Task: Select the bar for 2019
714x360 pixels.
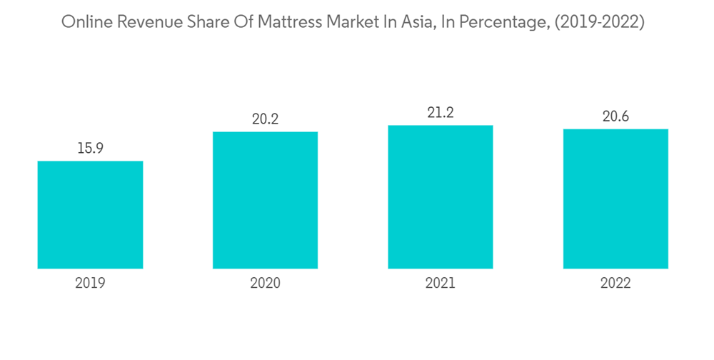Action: point(90,214)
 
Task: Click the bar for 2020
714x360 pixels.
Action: point(265,200)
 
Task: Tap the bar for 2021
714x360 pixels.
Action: point(441,196)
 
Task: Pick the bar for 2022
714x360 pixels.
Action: point(615,199)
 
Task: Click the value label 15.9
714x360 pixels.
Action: point(90,149)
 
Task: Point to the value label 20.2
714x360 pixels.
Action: point(265,119)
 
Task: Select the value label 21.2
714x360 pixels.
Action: point(441,113)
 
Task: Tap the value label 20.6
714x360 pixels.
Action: point(615,116)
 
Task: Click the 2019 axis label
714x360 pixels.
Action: point(90,283)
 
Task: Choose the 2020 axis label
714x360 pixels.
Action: point(265,283)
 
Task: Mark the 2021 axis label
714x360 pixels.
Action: point(441,283)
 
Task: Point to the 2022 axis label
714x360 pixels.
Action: point(615,283)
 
